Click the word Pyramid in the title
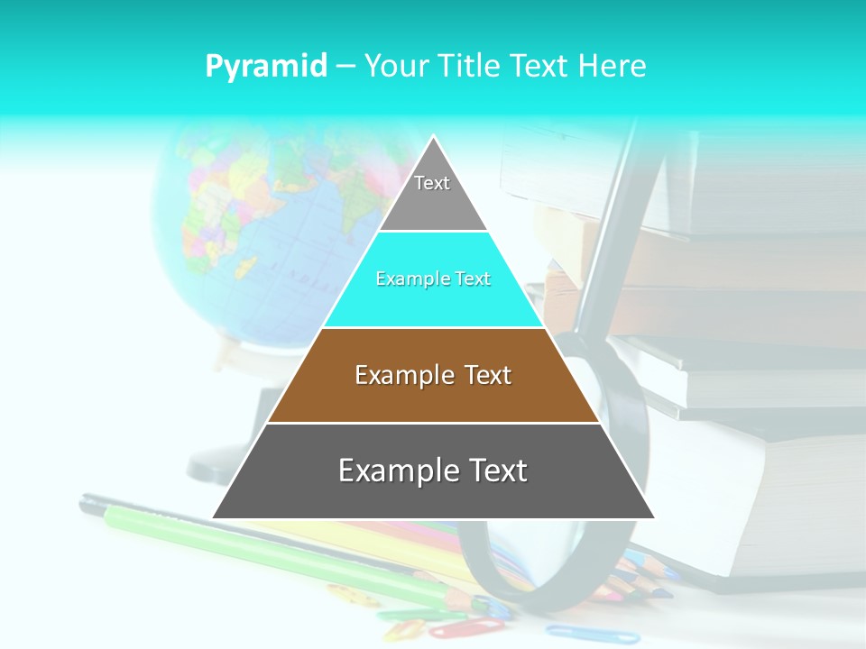[265, 66]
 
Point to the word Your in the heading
[395, 66]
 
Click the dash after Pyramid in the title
[345, 67]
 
